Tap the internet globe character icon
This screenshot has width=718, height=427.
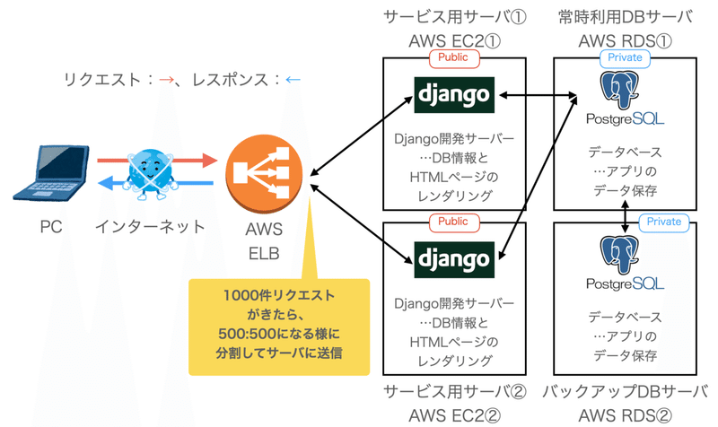pyautogui.click(x=149, y=172)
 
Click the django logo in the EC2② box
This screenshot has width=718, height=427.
pyautogui.click(x=454, y=259)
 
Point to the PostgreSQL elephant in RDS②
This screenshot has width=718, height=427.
pyautogui.click(x=626, y=252)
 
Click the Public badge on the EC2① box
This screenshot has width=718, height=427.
pyautogui.click(x=454, y=57)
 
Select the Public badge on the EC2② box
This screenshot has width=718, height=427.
pyautogui.click(x=454, y=222)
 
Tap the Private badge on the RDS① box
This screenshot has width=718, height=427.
pyautogui.click(x=626, y=57)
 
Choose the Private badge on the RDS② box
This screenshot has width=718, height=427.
pyautogui.click(x=664, y=222)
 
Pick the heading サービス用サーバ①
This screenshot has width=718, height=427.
pyautogui.click(x=454, y=17)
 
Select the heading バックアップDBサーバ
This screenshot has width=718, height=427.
pyautogui.click(x=626, y=392)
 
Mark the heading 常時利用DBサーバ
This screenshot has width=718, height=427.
pyautogui.click(x=626, y=17)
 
